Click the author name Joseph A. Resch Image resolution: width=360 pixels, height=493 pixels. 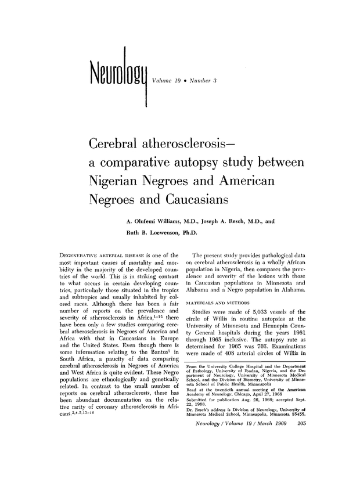217,221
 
